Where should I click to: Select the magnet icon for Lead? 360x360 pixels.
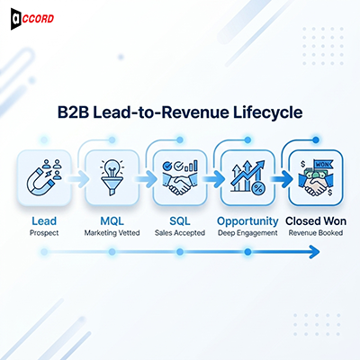(x=41, y=176)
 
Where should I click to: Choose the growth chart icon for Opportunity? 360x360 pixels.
(x=247, y=176)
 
